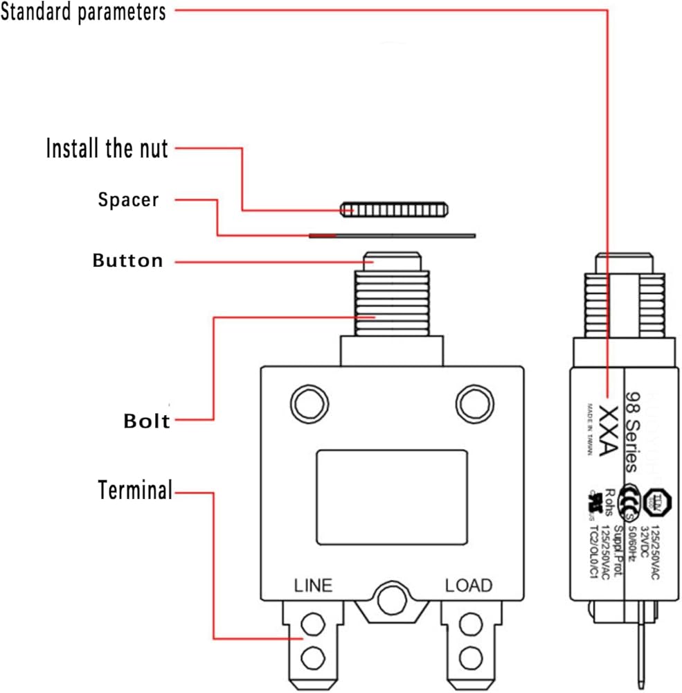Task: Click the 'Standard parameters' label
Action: click(83, 12)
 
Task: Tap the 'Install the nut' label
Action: click(107, 148)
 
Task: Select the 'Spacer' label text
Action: click(128, 200)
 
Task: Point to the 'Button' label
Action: click(128, 261)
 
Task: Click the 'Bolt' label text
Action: click(147, 421)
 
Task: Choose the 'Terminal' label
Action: click(134, 491)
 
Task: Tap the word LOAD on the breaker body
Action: click(469, 585)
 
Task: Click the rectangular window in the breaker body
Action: click(391, 490)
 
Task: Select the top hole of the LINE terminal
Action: click(314, 623)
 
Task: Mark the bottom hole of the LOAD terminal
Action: click(471, 655)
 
